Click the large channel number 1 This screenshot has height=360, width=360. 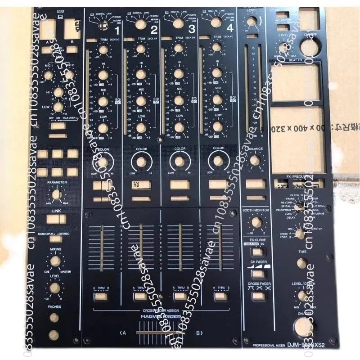(x=117, y=31)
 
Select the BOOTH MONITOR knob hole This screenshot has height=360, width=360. (x=256, y=222)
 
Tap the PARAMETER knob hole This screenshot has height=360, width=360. (x=57, y=194)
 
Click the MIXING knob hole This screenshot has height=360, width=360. (x=56, y=261)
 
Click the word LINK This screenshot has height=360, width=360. (x=56, y=211)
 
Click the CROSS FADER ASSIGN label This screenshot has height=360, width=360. (x=161, y=310)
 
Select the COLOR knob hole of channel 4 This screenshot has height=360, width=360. (x=218, y=161)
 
